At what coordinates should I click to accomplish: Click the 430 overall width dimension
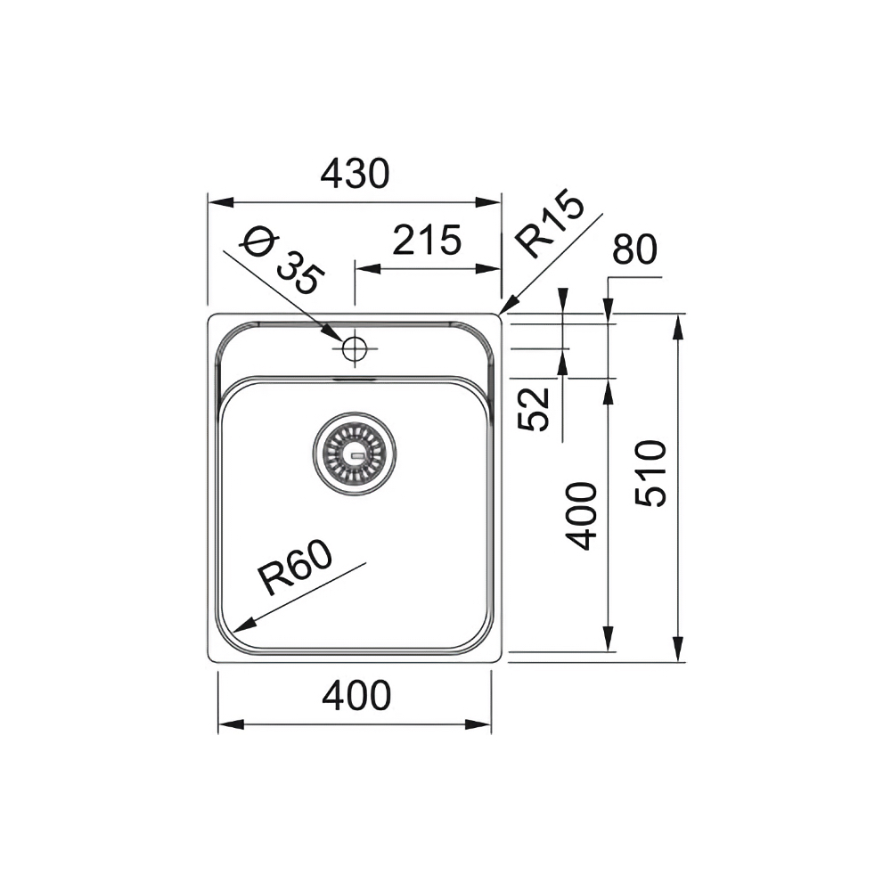tap(356, 173)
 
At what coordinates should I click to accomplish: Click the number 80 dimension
tap(634, 250)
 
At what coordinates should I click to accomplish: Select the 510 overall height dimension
tap(652, 473)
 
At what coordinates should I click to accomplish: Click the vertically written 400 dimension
tap(582, 515)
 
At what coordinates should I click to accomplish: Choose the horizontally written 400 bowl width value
tap(356, 696)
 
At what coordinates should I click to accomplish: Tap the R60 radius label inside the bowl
tap(296, 571)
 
